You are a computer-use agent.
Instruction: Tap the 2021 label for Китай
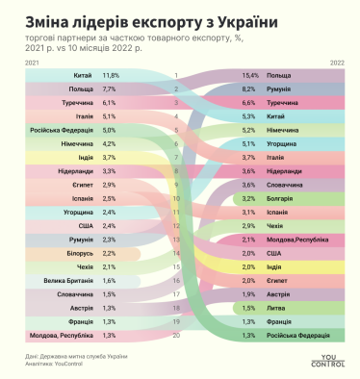point(83,74)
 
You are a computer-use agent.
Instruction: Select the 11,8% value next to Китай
point(111,74)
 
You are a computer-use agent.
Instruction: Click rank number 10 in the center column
point(176,198)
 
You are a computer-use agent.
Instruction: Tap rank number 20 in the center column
point(176,336)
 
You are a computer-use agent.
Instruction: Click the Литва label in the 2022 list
point(277,308)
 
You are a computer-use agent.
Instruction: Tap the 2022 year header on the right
point(337,61)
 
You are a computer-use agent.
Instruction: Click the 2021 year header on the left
point(31,61)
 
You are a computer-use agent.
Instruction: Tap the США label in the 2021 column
point(84,225)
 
